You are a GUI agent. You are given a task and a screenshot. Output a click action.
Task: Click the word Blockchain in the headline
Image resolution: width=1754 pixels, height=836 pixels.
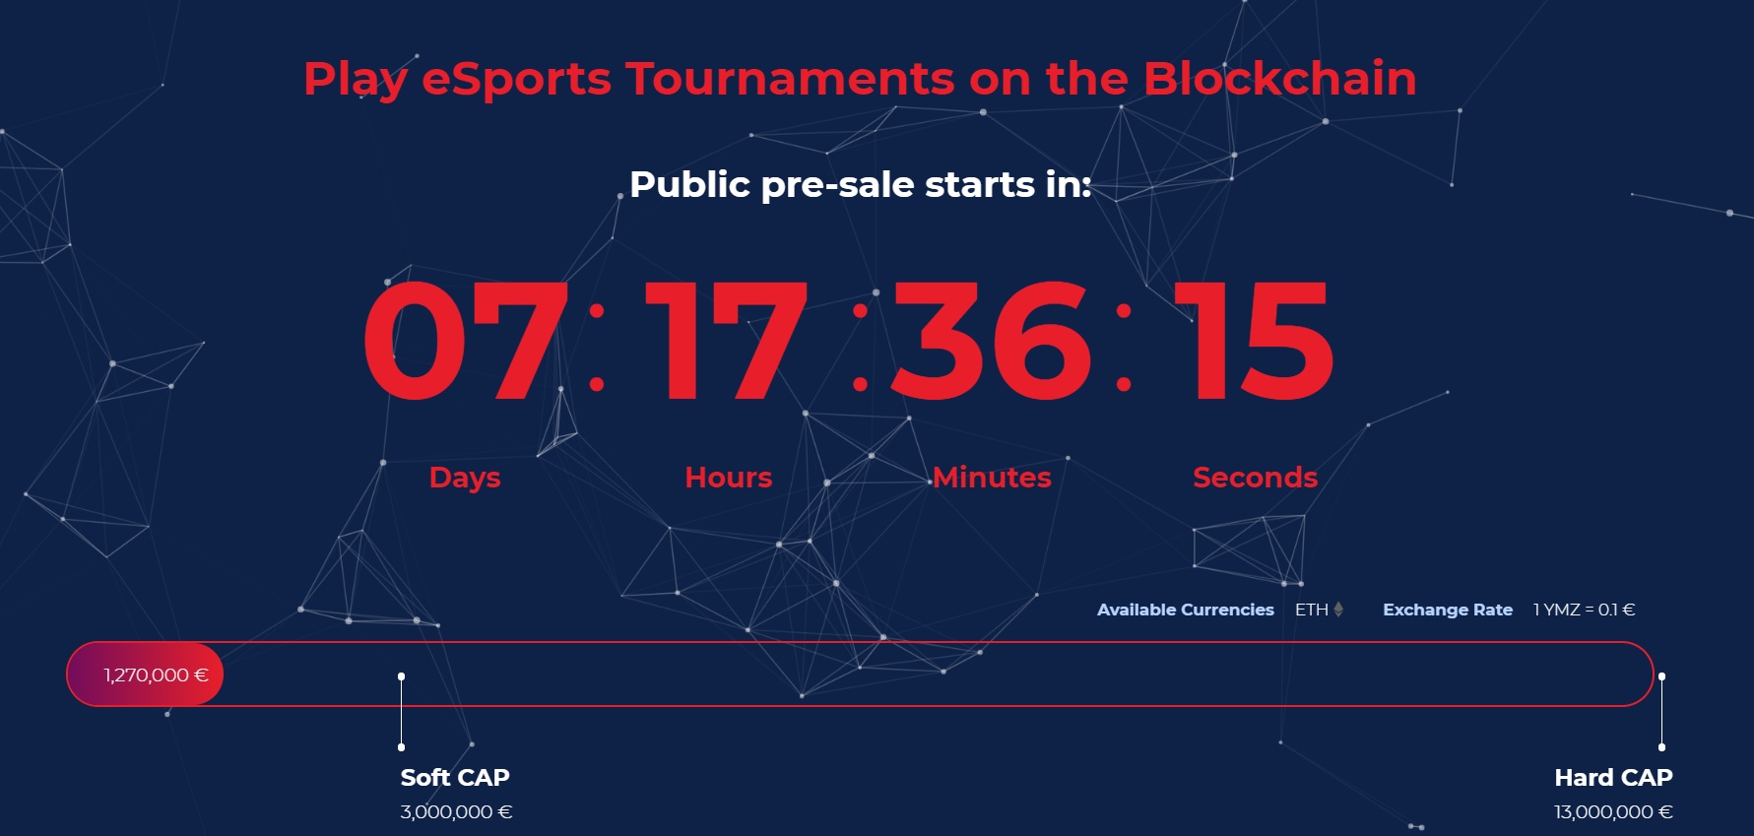pyautogui.click(x=1279, y=79)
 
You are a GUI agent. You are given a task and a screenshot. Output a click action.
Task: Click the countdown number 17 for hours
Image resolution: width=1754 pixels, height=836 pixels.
pyautogui.click(x=727, y=341)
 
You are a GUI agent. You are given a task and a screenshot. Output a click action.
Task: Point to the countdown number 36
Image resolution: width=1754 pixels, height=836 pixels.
pyautogui.click(x=992, y=341)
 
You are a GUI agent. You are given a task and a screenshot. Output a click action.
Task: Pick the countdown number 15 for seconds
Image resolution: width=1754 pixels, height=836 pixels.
pyautogui.click(x=1254, y=341)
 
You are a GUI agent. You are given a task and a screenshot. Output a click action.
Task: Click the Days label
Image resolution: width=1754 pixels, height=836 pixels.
pyautogui.click(x=465, y=479)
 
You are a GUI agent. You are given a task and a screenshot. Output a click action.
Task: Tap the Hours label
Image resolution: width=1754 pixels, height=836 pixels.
pyautogui.click(x=729, y=478)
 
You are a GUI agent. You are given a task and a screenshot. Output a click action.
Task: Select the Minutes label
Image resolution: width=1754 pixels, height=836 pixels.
pyautogui.click(x=993, y=478)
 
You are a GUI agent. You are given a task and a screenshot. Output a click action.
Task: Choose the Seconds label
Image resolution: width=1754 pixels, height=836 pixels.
pyautogui.click(x=1256, y=478)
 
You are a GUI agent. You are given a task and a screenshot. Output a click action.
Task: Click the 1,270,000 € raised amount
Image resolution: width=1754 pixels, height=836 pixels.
pyautogui.click(x=157, y=675)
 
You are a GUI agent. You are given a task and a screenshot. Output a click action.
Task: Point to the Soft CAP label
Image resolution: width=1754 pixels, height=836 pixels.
pyautogui.click(x=455, y=778)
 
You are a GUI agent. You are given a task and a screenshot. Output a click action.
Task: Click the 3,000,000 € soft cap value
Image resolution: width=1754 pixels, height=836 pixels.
pyautogui.click(x=456, y=812)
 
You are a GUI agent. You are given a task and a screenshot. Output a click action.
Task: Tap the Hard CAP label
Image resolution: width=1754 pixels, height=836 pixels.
pyautogui.click(x=1613, y=778)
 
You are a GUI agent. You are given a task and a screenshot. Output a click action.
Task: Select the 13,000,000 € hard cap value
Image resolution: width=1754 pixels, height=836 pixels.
pyautogui.click(x=1613, y=812)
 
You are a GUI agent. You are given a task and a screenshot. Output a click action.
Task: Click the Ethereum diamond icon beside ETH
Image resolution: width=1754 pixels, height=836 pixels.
pyautogui.click(x=1338, y=610)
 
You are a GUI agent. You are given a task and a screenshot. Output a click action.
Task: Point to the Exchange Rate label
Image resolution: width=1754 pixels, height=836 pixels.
pyautogui.click(x=1448, y=610)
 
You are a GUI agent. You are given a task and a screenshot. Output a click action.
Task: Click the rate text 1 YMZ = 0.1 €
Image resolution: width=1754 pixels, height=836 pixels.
pyautogui.click(x=1584, y=610)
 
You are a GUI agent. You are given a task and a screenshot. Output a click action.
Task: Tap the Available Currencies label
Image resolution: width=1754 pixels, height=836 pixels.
pyautogui.click(x=1186, y=610)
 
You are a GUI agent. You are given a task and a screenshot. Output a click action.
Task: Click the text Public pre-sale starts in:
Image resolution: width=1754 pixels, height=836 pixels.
pyautogui.click(x=861, y=185)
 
